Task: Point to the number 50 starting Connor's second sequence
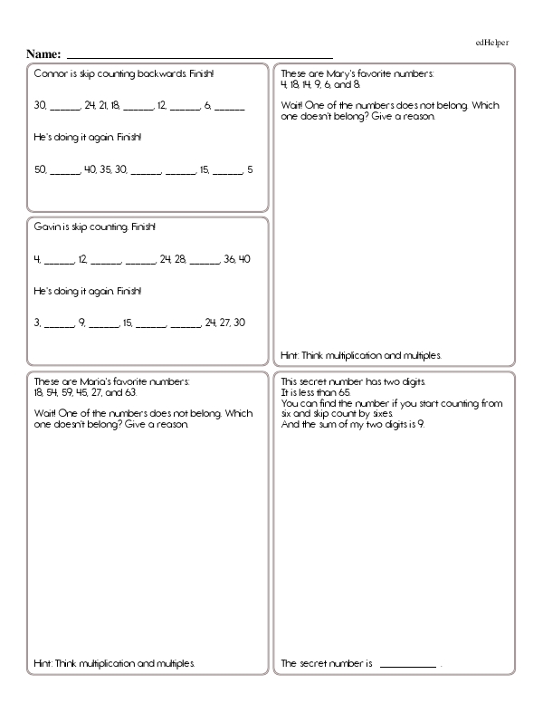[40, 169]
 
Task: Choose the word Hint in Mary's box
[291, 355]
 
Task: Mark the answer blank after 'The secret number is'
[408, 665]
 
